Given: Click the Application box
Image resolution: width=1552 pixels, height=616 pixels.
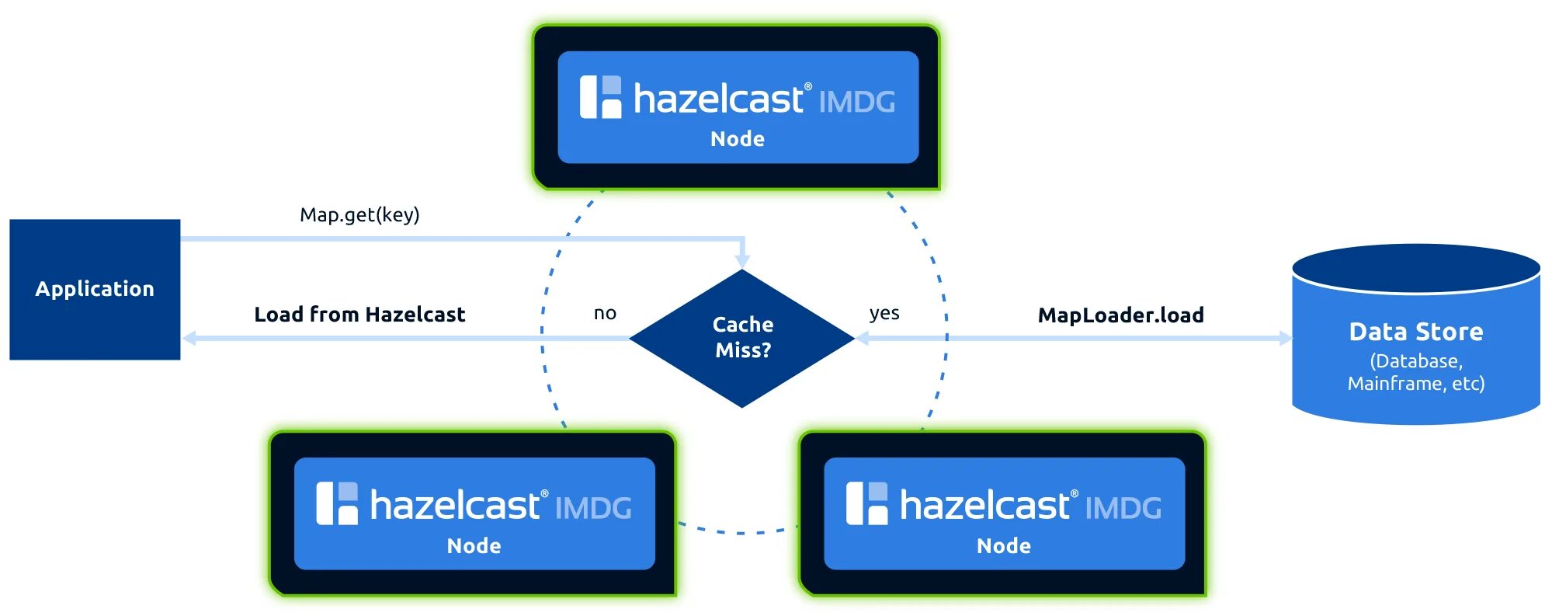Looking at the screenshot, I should coord(95,289).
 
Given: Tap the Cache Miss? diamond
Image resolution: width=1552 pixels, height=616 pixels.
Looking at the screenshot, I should coord(742,338).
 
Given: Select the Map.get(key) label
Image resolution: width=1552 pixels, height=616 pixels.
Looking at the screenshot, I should coord(359,214).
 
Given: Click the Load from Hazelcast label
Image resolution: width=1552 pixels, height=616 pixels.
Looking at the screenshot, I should coord(359,315).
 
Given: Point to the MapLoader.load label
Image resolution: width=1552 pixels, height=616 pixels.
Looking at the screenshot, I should coord(1120,315).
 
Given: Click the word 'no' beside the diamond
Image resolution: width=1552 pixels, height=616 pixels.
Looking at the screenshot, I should coord(605,313).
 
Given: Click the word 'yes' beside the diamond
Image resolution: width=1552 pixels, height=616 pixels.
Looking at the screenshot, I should coord(884,313).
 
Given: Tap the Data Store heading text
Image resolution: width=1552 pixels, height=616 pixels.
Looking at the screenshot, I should coord(1415,332).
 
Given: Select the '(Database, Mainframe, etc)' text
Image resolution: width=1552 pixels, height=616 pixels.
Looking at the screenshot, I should coord(1415,372).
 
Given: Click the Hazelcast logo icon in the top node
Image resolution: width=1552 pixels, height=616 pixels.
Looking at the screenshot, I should coord(601,97).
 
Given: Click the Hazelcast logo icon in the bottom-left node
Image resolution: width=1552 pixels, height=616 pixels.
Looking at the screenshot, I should coord(337,503).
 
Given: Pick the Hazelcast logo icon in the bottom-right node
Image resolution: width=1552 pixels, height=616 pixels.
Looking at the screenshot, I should coord(866,503).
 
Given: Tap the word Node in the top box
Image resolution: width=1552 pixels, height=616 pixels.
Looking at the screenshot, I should coord(738,139).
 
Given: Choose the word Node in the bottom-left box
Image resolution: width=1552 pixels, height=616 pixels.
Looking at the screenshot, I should coord(474,546).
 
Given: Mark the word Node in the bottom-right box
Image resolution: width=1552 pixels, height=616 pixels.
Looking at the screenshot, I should coord(1003,546).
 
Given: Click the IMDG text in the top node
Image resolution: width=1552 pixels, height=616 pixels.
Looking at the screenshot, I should coord(856,102).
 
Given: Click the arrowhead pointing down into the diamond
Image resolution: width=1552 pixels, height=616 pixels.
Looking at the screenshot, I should coord(743,259).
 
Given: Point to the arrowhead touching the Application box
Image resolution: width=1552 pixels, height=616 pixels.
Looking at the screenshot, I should coord(189,338).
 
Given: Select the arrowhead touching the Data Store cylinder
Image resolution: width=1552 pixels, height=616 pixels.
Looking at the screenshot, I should coord(1285,338).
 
